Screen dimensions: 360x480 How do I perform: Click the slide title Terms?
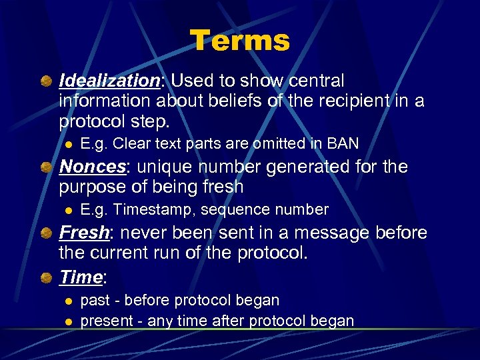(x=240, y=41)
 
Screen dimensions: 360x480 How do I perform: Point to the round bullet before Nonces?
(x=45, y=167)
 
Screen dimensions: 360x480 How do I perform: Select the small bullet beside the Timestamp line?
(x=67, y=211)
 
